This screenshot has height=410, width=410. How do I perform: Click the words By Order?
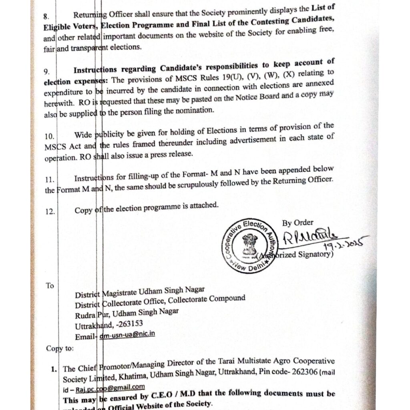[x=298, y=223]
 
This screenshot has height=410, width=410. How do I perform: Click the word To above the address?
[x=50, y=286]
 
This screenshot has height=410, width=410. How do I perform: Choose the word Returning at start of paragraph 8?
[x=90, y=16]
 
